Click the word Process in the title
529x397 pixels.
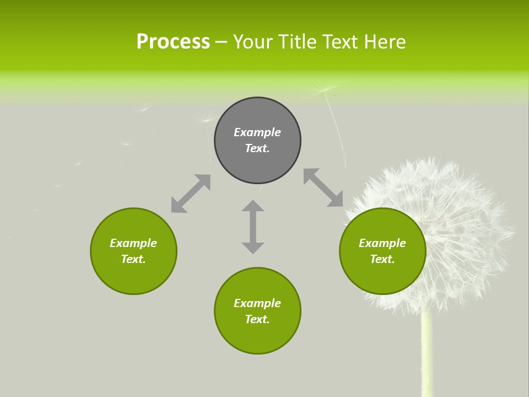point(173,42)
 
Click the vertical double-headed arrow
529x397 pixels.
point(253,227)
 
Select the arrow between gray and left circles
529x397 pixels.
point(191,194)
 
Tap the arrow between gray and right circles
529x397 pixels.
point(323,188)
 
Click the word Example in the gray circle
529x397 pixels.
point(257,132)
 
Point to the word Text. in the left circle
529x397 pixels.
point(133,259)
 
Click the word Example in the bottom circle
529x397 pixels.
point(257,303)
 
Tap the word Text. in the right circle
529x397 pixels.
point(382,259)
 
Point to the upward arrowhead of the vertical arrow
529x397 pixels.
point(253,206)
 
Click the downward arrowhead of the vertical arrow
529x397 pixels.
point(253,248)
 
